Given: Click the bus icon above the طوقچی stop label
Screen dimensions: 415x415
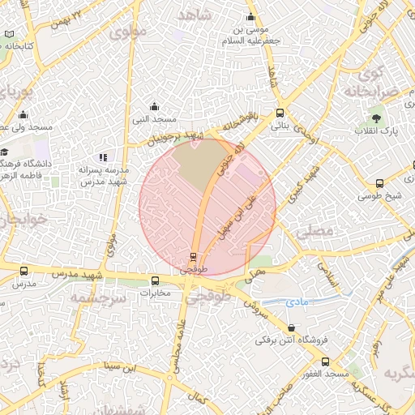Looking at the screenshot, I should pyautogui.click(x=193, y=256).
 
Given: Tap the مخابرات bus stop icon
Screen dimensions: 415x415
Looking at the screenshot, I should pyautogui.click(x=154, y=281).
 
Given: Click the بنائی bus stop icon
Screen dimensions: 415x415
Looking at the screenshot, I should pyautogui.click(x=280, y=113).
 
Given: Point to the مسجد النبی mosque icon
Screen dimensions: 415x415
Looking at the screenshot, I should pyautogui.click(x=154, y=106).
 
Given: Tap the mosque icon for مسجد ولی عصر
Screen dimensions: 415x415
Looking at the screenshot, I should pyautogui.click(x=24, y=115).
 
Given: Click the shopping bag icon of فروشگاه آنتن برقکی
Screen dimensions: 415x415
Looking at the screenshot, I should pyautogui.click(x=291, y=328).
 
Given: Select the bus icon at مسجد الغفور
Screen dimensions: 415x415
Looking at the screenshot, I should pyautogui.click(x=325, y=362).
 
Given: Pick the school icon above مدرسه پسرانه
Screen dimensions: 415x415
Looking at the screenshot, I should pyautogui.click(x=103, y=157).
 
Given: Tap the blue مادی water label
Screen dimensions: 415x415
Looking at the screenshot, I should pyautogui.click(x=297, y=302).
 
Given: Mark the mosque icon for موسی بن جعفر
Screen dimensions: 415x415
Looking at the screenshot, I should pyautogui.click(x=250, y=18).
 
